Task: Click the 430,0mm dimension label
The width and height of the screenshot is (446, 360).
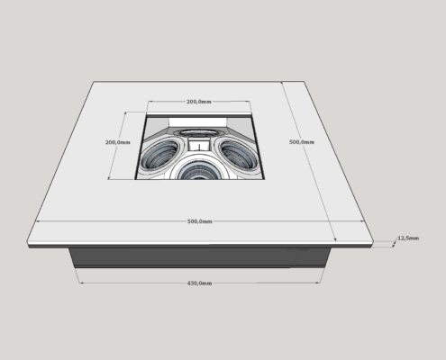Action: click(x=199, y=283)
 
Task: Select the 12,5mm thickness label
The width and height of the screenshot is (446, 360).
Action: click(x=408, y=238)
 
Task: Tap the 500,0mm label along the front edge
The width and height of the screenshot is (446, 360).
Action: click(x=200, y=221)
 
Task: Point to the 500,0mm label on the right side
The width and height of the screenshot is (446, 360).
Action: click(x=302, y=142)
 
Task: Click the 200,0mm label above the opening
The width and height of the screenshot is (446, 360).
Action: click(x=199, y=102)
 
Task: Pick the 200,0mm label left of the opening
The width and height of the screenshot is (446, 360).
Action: click(x=118, y=142)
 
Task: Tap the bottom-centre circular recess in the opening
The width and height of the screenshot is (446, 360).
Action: click(x=197, y=170)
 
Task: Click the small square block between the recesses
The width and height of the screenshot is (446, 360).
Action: click(x=199, y=144)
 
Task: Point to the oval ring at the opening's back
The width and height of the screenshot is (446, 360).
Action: click(x=198, y=133)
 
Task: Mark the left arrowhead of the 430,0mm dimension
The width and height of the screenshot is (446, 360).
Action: click(x=80, y=283)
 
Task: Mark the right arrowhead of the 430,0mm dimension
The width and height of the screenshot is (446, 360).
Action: click(x=319, y=283)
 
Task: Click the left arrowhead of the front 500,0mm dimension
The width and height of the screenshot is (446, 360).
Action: click(x=38, y=221)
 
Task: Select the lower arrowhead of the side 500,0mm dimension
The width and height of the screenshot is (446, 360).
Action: click(x=335, y=239)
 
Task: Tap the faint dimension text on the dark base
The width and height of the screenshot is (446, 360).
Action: click(x=298, y=249)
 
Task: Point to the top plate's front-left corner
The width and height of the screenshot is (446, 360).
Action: click(x=27, y=242)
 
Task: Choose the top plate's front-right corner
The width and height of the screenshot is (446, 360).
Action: click(x=373, y=242)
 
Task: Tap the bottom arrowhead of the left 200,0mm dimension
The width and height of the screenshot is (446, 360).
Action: click(x=110, y=179)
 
